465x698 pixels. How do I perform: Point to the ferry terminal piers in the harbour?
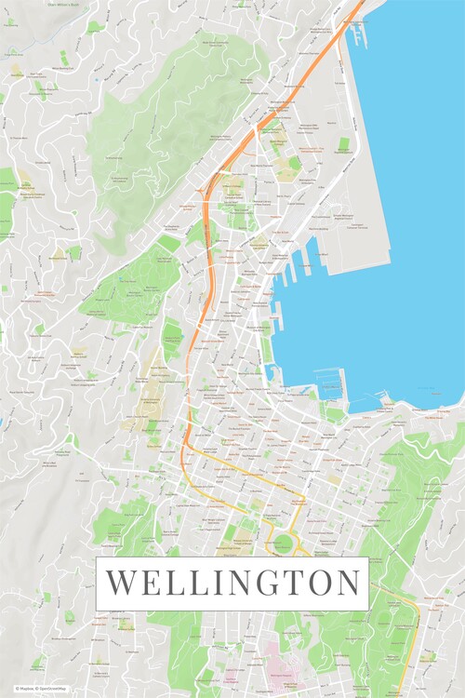tap(357, 34)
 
